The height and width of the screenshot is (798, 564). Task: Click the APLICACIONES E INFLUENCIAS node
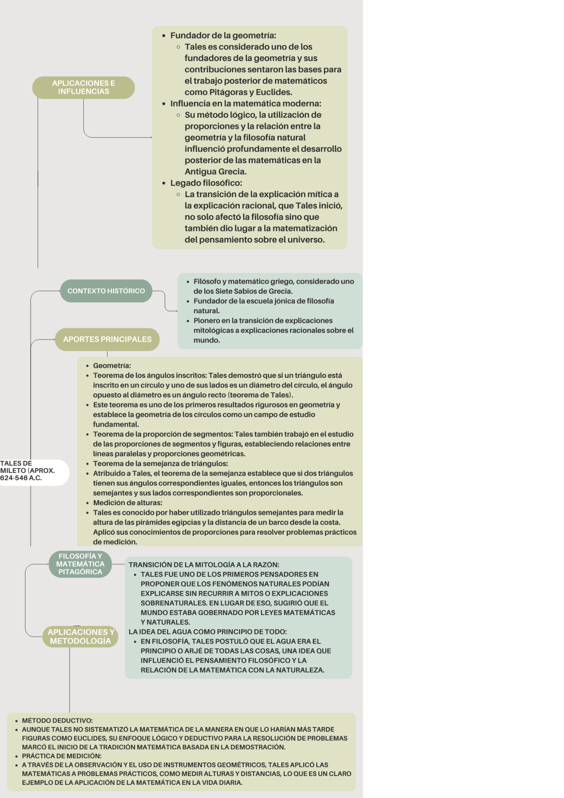(83, 87)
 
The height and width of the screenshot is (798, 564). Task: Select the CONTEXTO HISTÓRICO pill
(106, 291)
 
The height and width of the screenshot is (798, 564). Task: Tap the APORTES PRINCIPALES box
(107, 340)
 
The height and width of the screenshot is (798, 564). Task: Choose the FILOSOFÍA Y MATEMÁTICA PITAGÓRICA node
(80, 564)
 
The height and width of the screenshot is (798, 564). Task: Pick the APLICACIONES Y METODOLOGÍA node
(81, 636)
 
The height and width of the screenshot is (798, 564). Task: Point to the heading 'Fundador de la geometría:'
(223, 36)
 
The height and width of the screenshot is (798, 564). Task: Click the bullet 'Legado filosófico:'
(206, 183)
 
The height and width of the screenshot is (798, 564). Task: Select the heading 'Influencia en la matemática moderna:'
(246, 104)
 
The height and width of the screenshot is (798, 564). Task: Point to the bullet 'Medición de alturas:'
(128, 503)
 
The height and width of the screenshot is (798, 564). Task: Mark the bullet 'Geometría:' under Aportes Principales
(112, 365)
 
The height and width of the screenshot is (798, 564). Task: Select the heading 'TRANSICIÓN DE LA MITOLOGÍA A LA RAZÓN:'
(204, 565)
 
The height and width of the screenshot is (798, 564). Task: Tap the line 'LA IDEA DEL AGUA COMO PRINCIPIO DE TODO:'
(208, 632)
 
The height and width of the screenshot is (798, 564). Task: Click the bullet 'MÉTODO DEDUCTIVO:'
(57, 721)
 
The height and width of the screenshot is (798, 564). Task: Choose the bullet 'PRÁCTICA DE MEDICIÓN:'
(62, 756)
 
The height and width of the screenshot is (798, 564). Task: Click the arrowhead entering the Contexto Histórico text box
(177, 311)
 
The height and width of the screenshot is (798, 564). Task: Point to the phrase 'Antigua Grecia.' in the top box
(216, 172)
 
